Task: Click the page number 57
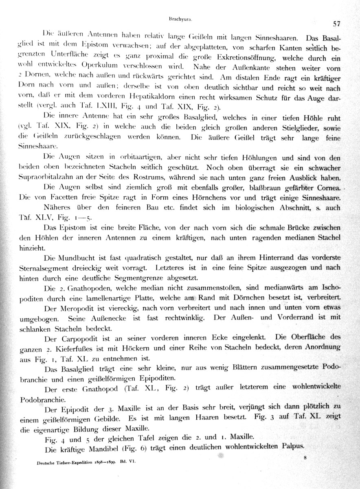point(336,24)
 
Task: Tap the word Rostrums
point(167,178)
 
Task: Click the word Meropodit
point(77,307)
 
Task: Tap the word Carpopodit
point(79,337)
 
